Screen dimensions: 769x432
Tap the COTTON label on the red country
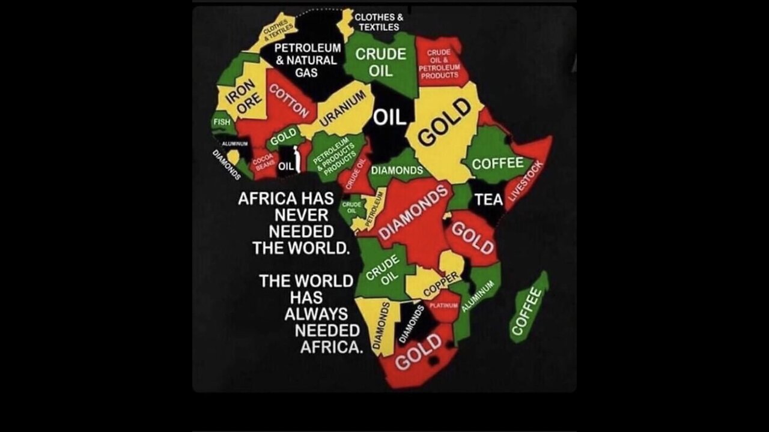pos(289,100)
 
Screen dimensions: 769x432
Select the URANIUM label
pos(342,108)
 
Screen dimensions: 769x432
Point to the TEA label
pos(488,199)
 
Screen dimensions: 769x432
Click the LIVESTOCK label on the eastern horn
pos(526,181)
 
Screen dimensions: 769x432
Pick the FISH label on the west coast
pos(222,122)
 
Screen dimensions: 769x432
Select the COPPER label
pos(442,284)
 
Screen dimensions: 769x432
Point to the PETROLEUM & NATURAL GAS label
pos(307,60)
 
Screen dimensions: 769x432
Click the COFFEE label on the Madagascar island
pos(527,310)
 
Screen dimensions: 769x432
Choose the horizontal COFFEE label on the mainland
pos(497,163)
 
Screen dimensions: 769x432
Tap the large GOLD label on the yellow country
pos(444,122)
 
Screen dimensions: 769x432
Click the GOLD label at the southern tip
pos(419,353)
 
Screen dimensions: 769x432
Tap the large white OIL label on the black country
pos(391,117)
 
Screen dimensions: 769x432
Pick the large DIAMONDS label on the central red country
pos(414,211)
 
